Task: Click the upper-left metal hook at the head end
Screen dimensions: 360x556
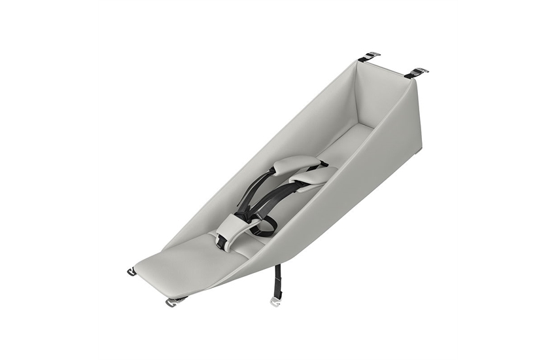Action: coord(370,56)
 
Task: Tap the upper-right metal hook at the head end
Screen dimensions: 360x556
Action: coord(419,71)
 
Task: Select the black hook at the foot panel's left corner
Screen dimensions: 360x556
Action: coord(131,272)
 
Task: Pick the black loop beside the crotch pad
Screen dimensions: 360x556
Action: coord(266,227)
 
